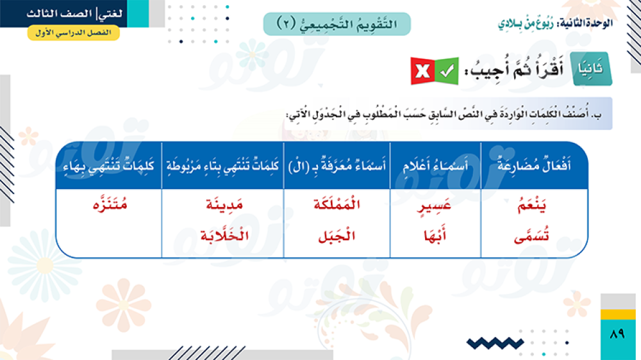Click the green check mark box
click(x=447, y=72)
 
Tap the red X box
click(x=422, y=72)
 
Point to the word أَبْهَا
click(x=435, y=235)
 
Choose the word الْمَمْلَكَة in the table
click(x=337, y=204)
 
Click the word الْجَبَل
click(x=337, y=236)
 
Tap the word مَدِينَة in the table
click(x=224, y=204)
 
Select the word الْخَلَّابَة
click(x=224, y=236)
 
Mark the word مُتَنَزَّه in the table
click(x=110, y=204)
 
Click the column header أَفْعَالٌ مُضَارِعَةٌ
click(x=535, y=165)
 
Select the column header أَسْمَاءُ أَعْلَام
click(x=435, y=166)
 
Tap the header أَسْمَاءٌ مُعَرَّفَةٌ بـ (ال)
click(x=337, y=166)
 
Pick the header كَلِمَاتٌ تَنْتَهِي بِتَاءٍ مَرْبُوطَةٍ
click(x=223, y=166)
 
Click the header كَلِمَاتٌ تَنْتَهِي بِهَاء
click(x=109, y=166)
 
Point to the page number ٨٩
click(x=617, y=334)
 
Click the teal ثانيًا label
click(x=591, y=69)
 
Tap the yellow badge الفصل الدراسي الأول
click(x=74, y=33)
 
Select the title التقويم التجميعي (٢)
click(x=337, y=24)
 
